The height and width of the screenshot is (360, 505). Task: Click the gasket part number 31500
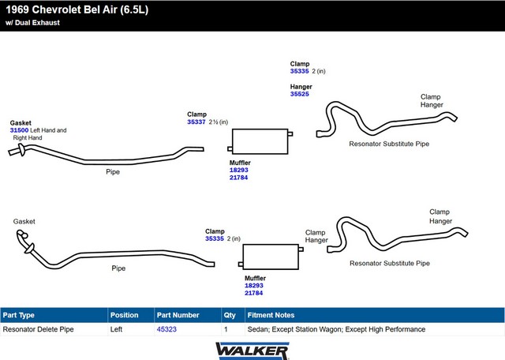19,130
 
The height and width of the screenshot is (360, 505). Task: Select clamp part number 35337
196,122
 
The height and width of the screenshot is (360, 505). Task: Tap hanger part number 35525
300,94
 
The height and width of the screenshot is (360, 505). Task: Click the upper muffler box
260,141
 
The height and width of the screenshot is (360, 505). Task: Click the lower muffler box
271,257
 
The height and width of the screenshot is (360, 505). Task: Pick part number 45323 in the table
166,329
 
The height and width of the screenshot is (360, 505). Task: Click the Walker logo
252,351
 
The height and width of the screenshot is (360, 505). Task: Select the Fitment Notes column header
271,315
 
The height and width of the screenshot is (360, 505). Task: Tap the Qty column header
230,315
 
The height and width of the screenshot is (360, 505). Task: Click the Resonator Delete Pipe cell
39,329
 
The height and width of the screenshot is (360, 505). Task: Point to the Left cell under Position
116,329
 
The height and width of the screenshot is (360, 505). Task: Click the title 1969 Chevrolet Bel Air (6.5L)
77,9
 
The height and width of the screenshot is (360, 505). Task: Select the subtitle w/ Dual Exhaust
32,23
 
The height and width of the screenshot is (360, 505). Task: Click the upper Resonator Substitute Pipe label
389,144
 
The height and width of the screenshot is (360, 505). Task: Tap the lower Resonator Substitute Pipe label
390,264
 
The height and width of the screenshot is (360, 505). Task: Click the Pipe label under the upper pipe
113,172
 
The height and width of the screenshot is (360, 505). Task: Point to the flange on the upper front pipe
21,150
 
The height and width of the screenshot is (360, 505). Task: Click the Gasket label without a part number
24,221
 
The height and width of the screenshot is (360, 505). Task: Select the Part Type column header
19,315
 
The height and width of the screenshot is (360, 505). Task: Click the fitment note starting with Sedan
336,329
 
